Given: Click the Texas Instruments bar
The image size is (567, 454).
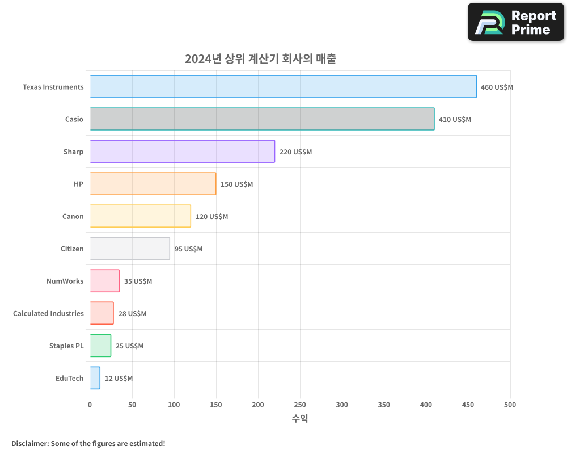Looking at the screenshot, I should point(283,87).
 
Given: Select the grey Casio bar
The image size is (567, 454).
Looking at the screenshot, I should point(262,119).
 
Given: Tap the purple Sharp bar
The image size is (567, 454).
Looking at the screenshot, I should point(182,152).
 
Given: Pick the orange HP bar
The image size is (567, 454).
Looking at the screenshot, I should point(153,184).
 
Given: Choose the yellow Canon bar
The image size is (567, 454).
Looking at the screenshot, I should point(140,216).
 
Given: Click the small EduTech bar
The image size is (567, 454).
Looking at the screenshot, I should point(95,378).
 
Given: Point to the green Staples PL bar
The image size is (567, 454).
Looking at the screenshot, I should point(100,346).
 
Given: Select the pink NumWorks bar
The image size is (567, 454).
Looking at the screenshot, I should point(104,281).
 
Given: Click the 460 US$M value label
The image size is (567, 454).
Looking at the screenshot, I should point(497,87).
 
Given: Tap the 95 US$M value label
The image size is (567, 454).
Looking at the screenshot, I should point(188,249).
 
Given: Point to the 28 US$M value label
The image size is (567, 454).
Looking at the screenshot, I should point(132,314).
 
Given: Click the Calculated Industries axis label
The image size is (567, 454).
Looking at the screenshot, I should point(48,314).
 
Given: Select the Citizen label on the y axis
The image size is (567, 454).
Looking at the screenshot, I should point(72,249).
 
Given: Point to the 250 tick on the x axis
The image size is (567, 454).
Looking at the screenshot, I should point(300,405).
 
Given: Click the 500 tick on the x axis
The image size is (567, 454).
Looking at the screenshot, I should point(510,405).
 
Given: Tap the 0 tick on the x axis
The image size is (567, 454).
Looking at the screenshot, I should point(90,405).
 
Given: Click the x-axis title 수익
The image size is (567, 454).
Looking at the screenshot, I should point(300,419).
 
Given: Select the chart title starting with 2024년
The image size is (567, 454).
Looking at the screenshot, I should point(260,59).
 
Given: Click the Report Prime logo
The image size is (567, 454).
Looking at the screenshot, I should point(516,22).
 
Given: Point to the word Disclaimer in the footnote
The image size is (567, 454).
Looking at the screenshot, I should point(29,443).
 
